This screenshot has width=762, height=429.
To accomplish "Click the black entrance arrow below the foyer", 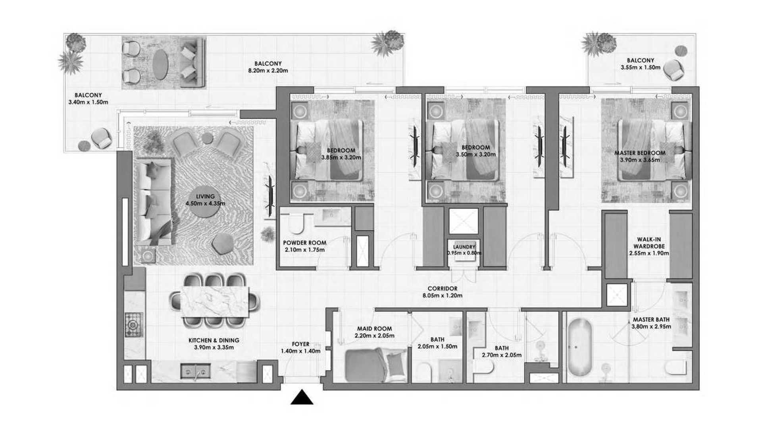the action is tap(302, 398).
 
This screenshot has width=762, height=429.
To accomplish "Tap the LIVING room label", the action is tap(205, 196).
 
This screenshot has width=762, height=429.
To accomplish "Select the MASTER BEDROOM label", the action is tap(640, 153).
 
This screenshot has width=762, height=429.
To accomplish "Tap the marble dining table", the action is tap(215, 301).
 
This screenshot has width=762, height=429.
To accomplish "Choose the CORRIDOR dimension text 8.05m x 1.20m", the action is tap(443, 296).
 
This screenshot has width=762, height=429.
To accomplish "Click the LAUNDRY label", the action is tap(464, 247).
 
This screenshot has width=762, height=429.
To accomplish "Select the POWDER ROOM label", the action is tap(304, 243).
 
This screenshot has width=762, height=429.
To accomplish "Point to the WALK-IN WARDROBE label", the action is tap(649, 243).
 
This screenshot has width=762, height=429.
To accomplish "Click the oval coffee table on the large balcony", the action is tap(160, 64).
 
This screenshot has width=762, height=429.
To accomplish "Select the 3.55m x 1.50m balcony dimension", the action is tap(641, 68).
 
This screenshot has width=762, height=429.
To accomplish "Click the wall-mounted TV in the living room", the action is tap(270, 196).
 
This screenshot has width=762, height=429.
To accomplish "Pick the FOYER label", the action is tap(300, 344).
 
